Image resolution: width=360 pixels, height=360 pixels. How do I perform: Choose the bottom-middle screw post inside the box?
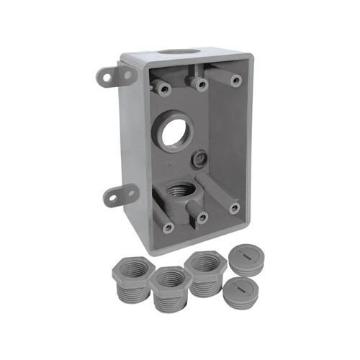pos(202,217)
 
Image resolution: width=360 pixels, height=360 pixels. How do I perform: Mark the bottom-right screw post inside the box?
pos(235,208)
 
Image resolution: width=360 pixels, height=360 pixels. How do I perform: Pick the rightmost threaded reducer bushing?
pos(206,271)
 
